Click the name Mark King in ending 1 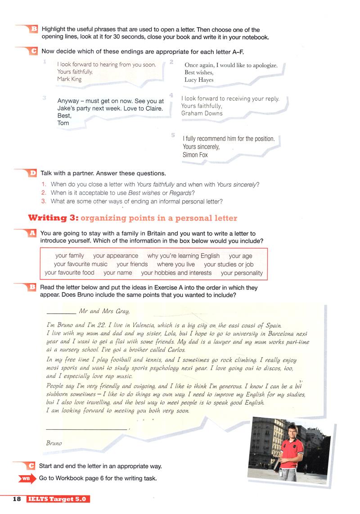[x=69, y=79]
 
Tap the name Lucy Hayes [x=199, y=80]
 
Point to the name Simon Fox [x=195, y=155]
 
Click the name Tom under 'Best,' [x=63, y=123]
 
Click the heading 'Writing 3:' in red [x=53, y=218]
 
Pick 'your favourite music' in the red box [x=81, y=264]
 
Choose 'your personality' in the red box [x=242, y=273]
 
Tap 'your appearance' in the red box [x=116, y=256]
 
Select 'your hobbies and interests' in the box [x=176, y=273]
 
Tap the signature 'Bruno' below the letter [x=54, y=443]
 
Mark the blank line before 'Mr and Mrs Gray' [x=61, y=312]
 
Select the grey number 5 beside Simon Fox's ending [x=173, y=135]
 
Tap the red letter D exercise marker [x=33, y=173]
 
